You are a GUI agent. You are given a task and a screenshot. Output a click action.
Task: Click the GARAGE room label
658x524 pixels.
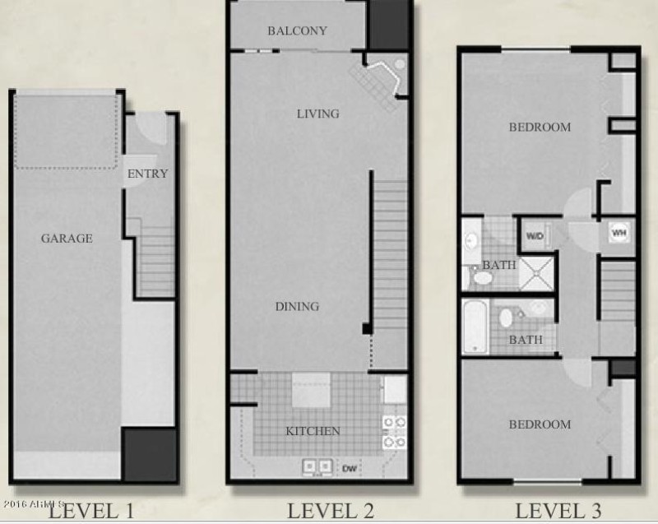(x=67, y=239)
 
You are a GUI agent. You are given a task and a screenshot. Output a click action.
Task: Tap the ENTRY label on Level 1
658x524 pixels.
(x=148, y=174)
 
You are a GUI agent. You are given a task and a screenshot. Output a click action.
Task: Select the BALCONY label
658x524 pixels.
(x=297, y=31)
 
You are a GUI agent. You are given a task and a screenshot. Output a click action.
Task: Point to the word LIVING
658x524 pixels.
(x=318, y=114)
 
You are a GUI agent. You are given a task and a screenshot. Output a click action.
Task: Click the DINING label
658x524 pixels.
(x=297, y=307)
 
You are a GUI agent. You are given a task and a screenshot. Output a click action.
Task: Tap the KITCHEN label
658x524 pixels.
(x=313, y=431)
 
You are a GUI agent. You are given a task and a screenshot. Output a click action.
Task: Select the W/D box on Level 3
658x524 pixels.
(x=535, y=236)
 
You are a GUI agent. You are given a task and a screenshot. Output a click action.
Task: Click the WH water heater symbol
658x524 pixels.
(x=619, y=233)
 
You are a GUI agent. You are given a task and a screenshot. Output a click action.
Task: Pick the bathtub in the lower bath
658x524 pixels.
(x=475, y=327)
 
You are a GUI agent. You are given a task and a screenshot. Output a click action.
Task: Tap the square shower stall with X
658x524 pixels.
(x=537, y=272)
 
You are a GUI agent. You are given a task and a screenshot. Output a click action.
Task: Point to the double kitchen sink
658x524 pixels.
(x=317, y=466)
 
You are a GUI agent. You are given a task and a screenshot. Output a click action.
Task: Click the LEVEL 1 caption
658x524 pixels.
(x=90, y=509)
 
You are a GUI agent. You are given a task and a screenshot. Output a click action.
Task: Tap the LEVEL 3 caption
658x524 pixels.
(x=557, y=509)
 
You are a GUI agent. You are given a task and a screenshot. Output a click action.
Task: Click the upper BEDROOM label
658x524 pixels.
(x=540, y=128)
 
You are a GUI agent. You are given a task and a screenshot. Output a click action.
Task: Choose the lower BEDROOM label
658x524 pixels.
(x=540, y=424)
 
